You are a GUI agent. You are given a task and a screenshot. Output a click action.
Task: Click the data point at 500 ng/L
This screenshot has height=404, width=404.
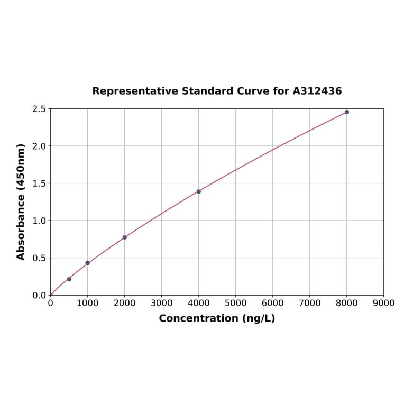pyautogui.click(x=69, y=279)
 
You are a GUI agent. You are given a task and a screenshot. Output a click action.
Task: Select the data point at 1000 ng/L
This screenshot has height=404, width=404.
pyautogui.click(x=88, y=263)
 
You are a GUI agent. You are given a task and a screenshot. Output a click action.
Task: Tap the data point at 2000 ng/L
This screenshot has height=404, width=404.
pyautogui.click(x=125, y=237)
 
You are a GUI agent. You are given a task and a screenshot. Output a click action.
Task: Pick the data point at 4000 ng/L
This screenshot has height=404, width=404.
pyautogui.click(x=199, y=191)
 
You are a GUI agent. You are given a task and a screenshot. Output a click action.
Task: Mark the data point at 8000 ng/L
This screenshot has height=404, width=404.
pyautogui.click(x=347, y=112)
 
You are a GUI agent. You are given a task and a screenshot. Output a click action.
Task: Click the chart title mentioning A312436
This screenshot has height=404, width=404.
pyautogui.click(x=217, y=91)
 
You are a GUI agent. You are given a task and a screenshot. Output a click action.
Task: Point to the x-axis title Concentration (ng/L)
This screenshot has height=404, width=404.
pyautogui.click(x=217, y=318)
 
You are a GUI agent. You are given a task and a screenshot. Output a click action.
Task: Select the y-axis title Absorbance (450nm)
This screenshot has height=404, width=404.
pyautogui.click(x=21, y=201)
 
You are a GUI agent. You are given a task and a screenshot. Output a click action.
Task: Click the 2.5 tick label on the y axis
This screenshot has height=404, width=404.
pyautogui.click(x=39, y=109)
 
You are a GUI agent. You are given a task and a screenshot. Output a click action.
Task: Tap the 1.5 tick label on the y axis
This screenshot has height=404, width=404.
pyautogui.click(x=39, y=183)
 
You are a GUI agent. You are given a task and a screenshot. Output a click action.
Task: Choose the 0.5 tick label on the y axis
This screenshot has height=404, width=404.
pyautogui.click(x=39, y=258)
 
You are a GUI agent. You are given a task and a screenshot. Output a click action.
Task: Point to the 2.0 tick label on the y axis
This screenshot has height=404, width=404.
pyautogui.click(x=39, y=146)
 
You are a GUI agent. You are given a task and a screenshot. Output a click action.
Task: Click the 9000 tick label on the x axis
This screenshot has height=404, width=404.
pyautogui.click(x=383, y=303)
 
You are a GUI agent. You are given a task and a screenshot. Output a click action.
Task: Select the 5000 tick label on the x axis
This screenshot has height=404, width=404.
pyautogui.click(x=236, y=303)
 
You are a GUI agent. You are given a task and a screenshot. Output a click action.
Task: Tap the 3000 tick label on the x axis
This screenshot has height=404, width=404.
pyautogui.click(x=162, y=303)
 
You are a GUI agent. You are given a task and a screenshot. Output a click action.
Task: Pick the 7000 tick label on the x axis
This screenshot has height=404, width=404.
pyautogui.click(x=310, y=303)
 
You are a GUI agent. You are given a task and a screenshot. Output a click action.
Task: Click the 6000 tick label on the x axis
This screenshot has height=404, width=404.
pyautogui.click(x=273, y=303)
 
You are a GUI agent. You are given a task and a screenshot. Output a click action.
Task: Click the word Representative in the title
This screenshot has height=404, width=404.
pyautogui.click(x=135, y=91)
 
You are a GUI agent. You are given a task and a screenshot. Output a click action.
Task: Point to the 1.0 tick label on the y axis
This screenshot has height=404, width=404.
pyautogui.click(x=39, y=221)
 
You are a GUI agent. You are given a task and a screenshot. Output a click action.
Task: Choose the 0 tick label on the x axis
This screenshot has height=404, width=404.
pyautogui.click(x=51, y=303)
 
